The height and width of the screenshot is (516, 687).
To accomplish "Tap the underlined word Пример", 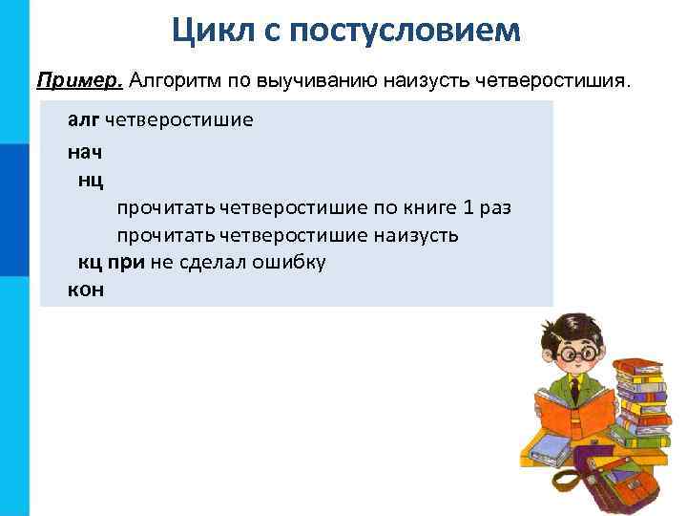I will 79,78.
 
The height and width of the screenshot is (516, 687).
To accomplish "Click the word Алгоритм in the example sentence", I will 168,78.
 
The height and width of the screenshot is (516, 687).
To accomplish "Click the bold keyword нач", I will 85,151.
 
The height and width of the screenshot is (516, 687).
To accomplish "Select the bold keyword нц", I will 91,179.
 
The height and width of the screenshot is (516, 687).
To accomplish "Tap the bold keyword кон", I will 86,290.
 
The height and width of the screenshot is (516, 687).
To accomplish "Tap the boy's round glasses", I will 577,352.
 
